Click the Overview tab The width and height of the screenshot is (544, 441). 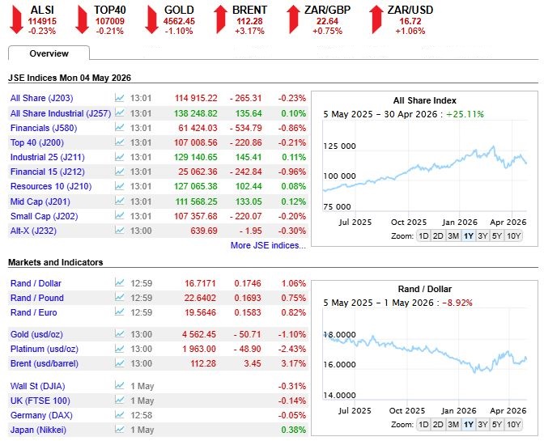(49, 53)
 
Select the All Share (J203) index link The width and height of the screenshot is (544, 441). (41, 98)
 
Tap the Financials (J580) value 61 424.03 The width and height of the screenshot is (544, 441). (198, 128)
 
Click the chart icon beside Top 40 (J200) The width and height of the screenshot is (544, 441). (119, 142)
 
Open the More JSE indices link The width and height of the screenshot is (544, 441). (268, 245)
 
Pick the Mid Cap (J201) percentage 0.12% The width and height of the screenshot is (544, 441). (294, 201)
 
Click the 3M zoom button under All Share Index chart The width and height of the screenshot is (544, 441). (453, 236)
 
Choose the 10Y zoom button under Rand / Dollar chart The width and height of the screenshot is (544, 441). (513, 424)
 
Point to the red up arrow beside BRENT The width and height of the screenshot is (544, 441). (220, 19)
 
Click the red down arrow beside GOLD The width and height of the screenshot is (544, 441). (151, 19)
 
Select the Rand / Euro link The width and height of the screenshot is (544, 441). (34, 312)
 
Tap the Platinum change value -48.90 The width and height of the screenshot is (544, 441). (248, 349)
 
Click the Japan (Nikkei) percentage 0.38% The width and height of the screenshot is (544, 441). (294, 430)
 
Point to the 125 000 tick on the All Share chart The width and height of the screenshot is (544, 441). (340, 146)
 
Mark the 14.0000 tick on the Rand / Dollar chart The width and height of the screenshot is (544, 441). (340, 395)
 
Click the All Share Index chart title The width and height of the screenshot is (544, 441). (425, 100)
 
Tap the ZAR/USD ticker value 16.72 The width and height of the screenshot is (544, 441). (410, 21)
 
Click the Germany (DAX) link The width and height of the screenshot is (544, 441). (41, 415)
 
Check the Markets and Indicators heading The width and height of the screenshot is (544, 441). (56, 262)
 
